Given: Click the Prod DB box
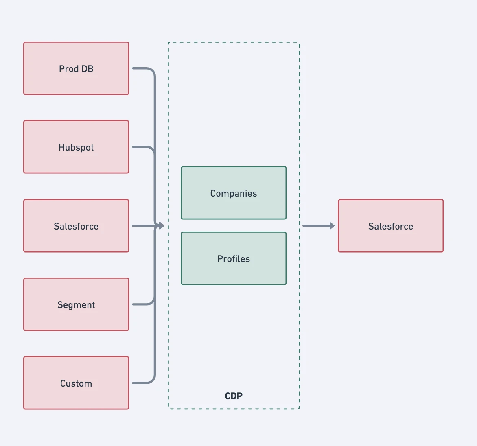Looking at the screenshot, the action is pyautogui.click(x=76, y=68).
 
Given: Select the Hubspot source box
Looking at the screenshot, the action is pyautogui.click(x=76, y=147).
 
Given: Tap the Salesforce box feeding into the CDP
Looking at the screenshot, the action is pyautogui.click(x=76, y=226).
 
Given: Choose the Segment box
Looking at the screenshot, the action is pyautogui.click(x=76, y=304).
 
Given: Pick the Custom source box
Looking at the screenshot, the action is pyautogui.click(x=76, y=383).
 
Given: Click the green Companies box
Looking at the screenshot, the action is pyautogui.click(x=234, y=193).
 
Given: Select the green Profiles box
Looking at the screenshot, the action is pyautogui.click(x=234, y=258).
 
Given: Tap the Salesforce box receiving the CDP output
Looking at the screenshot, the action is pyautogui.click(x=391, y=226).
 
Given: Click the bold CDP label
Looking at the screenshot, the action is pyautogui.click(x=234, y=396).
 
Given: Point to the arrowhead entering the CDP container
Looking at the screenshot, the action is pyautogui.click(x=162, y=226).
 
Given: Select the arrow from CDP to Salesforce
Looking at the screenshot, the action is pyautogui.click(x=319, y=226).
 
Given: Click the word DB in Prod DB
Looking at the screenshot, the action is pyautogui.click(x=88, y=69).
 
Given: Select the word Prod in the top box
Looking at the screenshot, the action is pyautogui.click(x=69, y=69).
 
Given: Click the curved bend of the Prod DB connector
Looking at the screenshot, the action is pyautogui.click(x=152, y=71).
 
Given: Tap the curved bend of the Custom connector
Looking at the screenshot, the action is pyautogui.click(x=152, y=380).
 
